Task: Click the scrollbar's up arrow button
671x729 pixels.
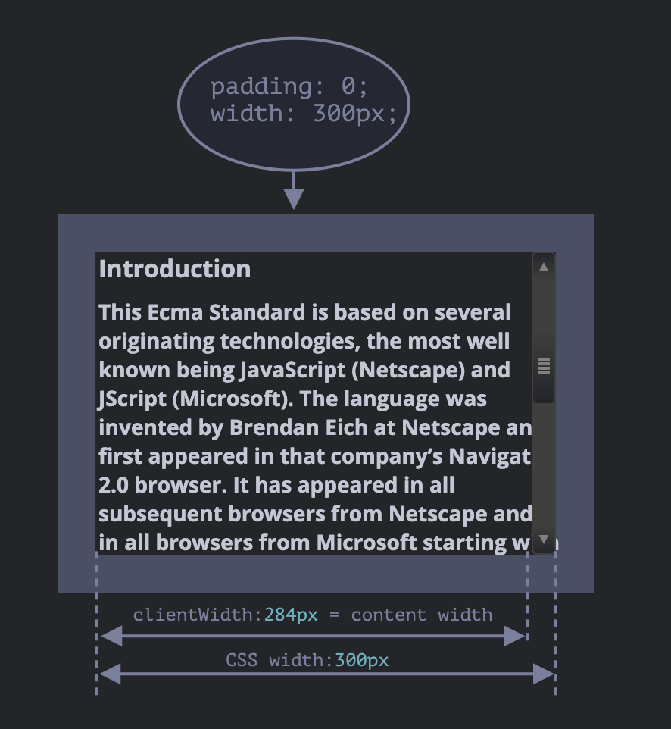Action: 544,266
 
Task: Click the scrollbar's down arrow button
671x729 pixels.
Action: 544,540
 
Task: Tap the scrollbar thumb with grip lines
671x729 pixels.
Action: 544,367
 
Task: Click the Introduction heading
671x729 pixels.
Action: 175,269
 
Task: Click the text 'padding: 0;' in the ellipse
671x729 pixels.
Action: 289,87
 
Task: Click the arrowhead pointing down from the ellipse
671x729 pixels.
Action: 294,199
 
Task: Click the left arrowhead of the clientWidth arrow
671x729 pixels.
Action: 111,637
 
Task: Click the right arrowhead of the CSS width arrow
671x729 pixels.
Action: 544,673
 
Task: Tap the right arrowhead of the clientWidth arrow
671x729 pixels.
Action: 515,637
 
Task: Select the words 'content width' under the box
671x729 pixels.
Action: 422,615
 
